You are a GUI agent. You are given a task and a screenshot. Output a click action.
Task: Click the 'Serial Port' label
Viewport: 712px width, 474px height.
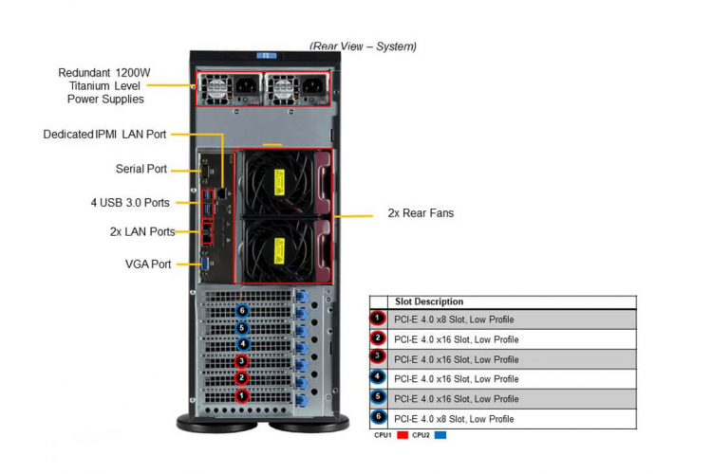[x=141, y=169]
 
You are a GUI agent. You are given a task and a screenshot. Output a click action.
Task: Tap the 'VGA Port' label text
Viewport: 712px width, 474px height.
[x=148, y=264]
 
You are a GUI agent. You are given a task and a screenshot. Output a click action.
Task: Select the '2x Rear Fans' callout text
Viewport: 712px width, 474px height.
[x=421, y=213]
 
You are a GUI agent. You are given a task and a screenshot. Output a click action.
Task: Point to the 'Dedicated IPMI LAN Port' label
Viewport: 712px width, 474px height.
[x=104, y=135]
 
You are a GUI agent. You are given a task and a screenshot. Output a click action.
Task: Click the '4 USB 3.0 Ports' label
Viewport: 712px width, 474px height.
[x=130, y=203]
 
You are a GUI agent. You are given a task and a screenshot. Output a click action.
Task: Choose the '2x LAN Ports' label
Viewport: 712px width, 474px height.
[x=142, y=231]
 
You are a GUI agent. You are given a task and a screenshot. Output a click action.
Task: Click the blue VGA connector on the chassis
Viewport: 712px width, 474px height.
[x=205, y=264]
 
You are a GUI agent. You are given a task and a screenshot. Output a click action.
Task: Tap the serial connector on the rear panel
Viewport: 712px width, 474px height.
[x=206, y=172]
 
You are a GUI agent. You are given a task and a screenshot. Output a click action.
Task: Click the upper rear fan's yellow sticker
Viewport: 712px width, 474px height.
[x=279, y=182]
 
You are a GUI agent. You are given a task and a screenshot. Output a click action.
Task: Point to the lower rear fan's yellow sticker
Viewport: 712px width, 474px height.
[x=279, y=251]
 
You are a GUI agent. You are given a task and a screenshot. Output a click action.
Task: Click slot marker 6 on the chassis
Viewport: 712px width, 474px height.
[x=242, y=311]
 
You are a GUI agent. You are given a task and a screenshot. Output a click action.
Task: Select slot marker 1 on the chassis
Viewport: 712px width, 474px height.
[x=241, y=395]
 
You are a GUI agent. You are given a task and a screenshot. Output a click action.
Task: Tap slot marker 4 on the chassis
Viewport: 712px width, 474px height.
[x=243, y=344]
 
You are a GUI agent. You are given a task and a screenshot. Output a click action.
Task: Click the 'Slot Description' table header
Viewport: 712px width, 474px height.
[x=429, y=301]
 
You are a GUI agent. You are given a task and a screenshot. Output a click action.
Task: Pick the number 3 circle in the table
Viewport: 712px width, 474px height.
[x=378, y=357]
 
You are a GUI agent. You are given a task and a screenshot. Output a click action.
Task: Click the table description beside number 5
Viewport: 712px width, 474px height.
[x=457, y=399]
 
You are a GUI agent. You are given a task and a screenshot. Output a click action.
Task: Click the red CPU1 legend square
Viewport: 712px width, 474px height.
[x=403, y=435]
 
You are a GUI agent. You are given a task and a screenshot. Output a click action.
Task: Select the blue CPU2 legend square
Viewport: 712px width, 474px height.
[x=440, y=435]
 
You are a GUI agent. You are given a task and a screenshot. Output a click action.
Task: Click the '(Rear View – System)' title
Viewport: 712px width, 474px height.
[x=363, y=46]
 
